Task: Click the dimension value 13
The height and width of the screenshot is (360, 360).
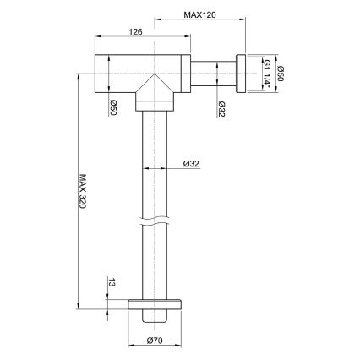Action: [110, 285]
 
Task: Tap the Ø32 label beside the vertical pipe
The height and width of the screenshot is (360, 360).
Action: [191, 164]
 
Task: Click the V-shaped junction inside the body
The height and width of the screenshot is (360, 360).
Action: [155, 86]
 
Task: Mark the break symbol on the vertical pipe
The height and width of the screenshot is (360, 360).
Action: [155, 224]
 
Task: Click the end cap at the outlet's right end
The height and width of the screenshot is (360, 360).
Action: [240, 73]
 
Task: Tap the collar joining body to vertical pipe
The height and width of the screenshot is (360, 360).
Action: [155, 105]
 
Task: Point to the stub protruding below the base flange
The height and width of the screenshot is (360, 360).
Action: [155, 318]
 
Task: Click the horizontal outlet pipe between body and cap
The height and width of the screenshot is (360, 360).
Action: [214, 74]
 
